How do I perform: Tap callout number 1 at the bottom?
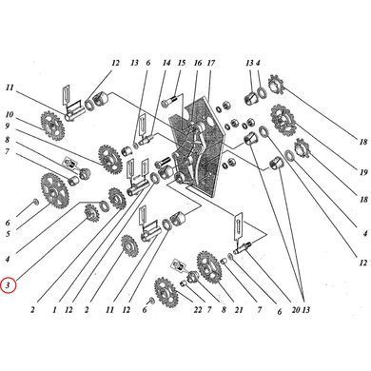pos(54,309)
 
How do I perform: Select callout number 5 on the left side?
pos(8,234)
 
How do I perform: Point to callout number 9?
pos(8,126)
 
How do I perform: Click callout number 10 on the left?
pos(9,114)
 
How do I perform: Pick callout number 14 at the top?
pos(166,63)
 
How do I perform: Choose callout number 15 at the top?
pos(182,63)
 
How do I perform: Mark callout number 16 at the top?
pos(198,63)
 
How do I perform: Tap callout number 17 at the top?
pos(211,63)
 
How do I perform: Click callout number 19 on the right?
pos(363,172)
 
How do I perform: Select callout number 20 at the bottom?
pos(296,310)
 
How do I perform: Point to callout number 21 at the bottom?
pos(239,310)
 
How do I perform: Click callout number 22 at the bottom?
pos(198,310)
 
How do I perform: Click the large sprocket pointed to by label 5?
pos(55,190)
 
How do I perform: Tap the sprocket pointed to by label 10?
pos(52,127)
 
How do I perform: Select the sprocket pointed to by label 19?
pos(283,120)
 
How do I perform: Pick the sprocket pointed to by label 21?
pos(208,266)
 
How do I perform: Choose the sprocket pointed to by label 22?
pos(166,292)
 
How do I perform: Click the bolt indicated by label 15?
pos(168,102)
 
